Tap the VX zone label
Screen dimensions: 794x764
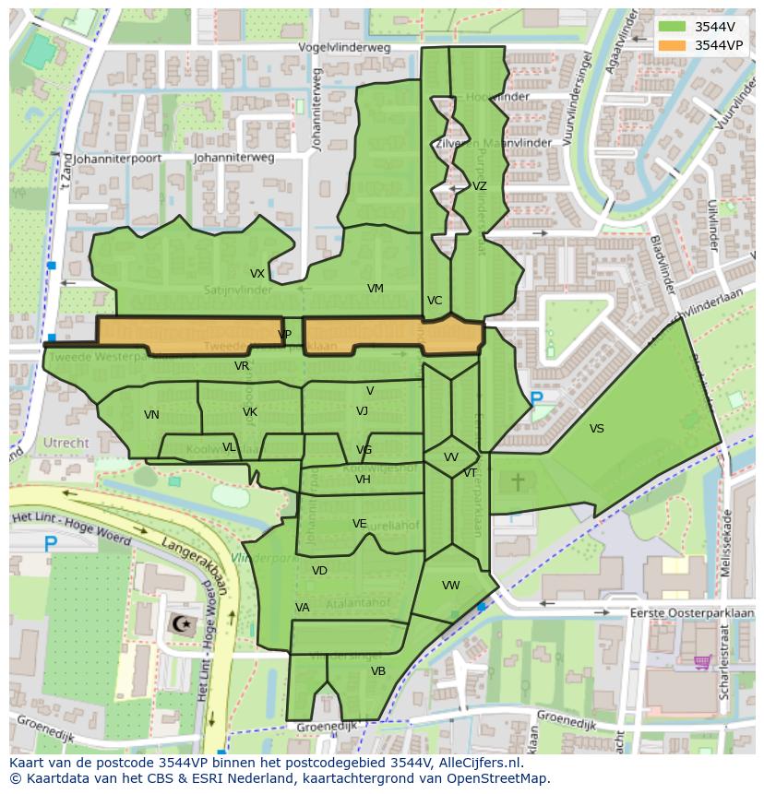257,274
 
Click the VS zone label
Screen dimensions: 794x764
597,429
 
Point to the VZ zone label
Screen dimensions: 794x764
480,186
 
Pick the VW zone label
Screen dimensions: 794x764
451,586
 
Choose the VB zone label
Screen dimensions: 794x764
378,671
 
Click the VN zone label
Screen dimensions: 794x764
152,415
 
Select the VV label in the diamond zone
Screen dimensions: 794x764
451,457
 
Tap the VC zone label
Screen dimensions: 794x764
435,301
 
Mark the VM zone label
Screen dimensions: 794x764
375,289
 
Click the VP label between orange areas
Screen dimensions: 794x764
285,335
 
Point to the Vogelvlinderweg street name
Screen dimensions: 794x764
344,47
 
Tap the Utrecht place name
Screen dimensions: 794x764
66,443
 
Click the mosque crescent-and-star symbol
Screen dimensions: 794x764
181,623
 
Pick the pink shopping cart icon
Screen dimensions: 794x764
702,661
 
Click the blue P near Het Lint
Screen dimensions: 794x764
51,545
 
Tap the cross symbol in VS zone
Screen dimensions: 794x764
518,480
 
